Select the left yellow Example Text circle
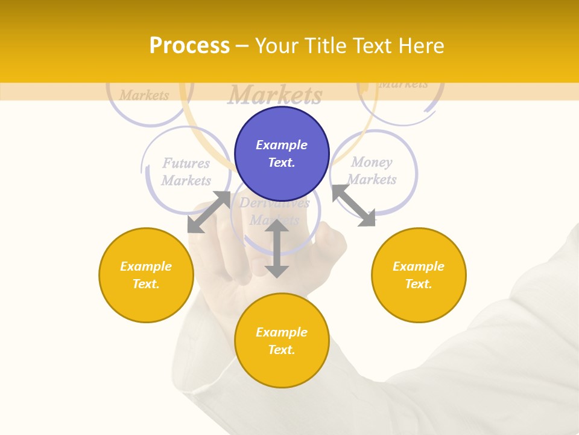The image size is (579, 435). pyautogui.click(x=146, y=275)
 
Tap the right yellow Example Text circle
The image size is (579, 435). pyautogui.click(x=419, y=275)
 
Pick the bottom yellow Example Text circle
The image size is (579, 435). pyautogui.click(x=282, y=341)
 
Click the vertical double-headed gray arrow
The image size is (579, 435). pyautogui.click(x=277, y=248)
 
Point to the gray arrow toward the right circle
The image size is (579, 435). pyautogui.click(x=353, y=205)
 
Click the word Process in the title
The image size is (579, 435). pyautogui.click(x=189, y=45)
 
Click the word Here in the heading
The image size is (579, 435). pyautogui.click(x=422, y=45)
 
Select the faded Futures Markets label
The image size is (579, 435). pyautogui.click(x=186, y=172)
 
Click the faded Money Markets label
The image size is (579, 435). pyautogui.click(x=372, y=170)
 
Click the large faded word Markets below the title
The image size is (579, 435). pyautogui.click(x=275, y=95)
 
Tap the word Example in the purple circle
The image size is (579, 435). pyautogui.click(x=282, y=145)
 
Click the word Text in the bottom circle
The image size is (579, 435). pyautogui.click(x=282, y=350)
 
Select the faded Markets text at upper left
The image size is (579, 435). pyautogui.click(x=144, y=95)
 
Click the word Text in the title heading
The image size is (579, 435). pyautogui.click(x=373, y=45)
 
